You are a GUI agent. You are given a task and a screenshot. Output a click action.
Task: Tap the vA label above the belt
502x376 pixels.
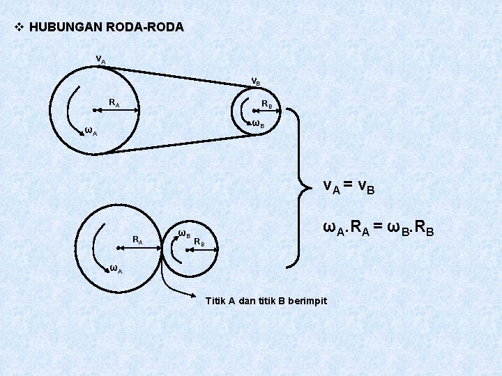point(101,59)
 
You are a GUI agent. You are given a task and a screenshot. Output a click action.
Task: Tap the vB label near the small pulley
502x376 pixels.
point(256,81)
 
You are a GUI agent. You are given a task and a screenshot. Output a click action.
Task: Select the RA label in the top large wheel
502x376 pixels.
point(114,103)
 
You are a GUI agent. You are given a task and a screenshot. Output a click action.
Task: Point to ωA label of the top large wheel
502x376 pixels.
point(90,130)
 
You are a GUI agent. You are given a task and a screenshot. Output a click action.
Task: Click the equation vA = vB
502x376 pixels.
point(349,186)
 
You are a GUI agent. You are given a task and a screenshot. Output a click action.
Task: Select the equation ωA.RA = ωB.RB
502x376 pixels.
point(377,228)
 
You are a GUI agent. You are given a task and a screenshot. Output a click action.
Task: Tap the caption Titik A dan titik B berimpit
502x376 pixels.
point(266,301)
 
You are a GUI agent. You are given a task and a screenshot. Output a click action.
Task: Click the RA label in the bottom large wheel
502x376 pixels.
point(138,240)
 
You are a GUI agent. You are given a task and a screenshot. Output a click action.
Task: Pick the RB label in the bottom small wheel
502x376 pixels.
point(199,242)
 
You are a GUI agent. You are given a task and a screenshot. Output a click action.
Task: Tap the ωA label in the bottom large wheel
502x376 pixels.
point(115,269)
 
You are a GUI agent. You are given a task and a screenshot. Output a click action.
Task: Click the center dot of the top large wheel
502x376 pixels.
point(93,110)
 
